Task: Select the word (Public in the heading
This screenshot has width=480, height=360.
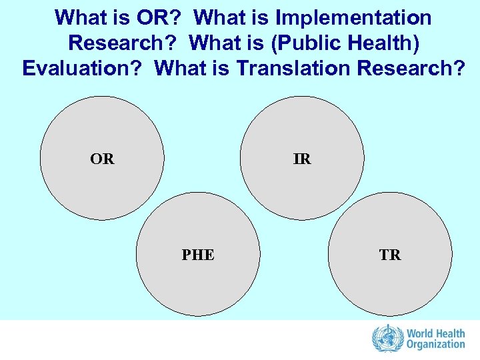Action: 296,43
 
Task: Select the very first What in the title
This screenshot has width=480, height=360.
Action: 79,17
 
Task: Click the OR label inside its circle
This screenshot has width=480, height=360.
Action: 102,159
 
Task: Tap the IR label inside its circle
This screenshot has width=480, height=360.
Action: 302,159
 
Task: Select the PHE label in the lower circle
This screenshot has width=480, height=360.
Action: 198,255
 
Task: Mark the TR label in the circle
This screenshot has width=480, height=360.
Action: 390,255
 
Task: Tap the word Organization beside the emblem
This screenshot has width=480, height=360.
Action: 435,345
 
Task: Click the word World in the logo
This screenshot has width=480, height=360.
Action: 421,332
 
